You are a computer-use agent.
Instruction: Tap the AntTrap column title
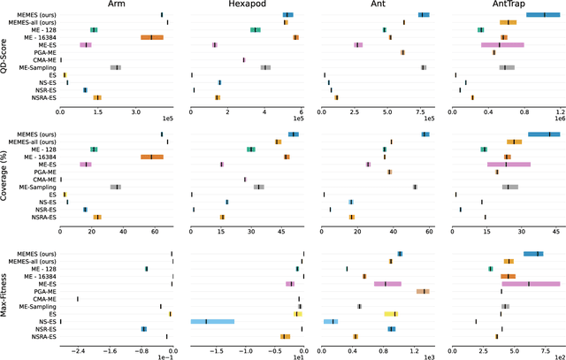pyautogui.click(x=505, y=5)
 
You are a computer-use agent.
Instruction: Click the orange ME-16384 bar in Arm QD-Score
pyautogui.click(x=151, y=37)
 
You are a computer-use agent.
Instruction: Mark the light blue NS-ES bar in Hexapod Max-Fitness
pyautogui.click(x=212, y=322)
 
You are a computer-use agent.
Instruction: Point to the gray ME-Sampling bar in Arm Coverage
pyautogui.click(x=115, y=187)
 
